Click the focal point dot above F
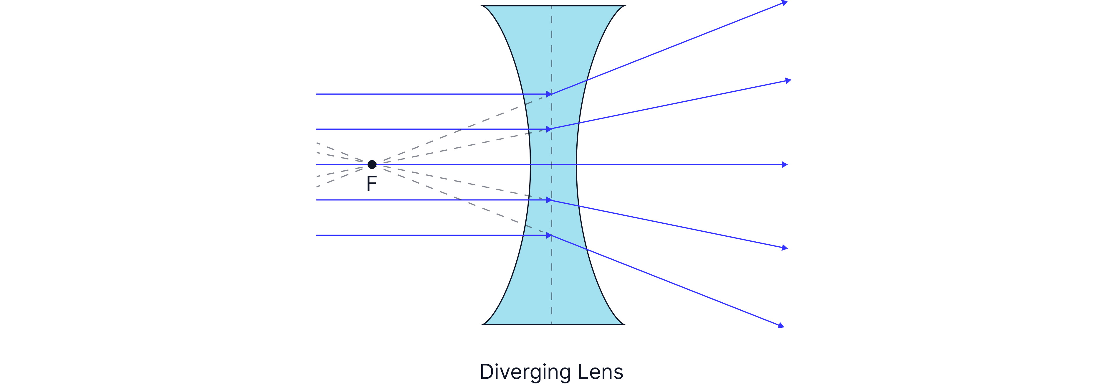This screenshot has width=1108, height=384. pos(372,164)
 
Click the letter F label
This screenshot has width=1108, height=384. pos(372,184)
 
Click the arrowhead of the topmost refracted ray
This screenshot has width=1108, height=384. pos(785,3)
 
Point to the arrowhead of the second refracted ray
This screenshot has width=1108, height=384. pos(788,80)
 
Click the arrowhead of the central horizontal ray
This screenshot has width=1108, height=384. pos(785,164)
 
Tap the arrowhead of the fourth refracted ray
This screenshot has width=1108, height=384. pos(785,248)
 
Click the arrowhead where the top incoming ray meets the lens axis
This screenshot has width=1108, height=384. pos(549,94)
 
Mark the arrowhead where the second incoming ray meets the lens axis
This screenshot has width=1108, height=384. pos(549,129)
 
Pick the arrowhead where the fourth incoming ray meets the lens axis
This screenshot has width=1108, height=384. pos(549,200)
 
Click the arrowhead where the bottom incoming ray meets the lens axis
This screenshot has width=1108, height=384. pos(549,235)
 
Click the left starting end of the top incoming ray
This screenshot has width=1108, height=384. pos(317,94)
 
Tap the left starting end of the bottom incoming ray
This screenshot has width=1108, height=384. pos(317,235)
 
